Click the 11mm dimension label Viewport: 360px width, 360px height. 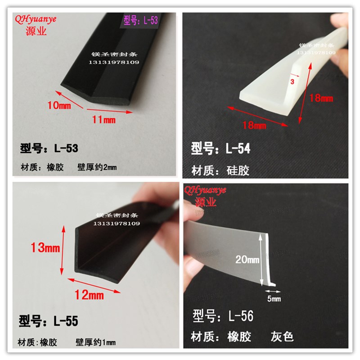click(x=104, y=120)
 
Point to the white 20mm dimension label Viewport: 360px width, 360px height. click(x=247, y=259)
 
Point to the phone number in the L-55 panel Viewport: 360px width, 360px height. click(x=117, y=224)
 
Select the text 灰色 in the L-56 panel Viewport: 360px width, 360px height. click(x=282, y=336)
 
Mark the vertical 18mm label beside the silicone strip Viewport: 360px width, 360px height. click(x=322, y=97)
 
